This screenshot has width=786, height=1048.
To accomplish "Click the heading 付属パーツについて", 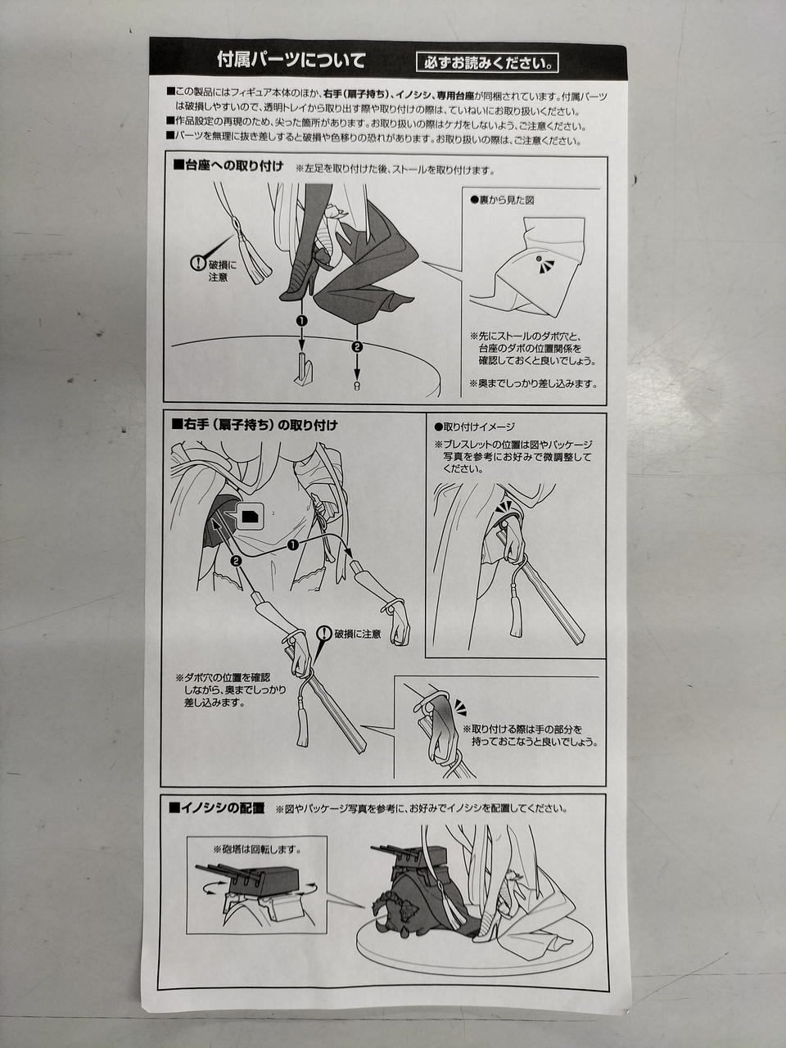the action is (x=291, y=60).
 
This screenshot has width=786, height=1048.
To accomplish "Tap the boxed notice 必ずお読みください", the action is (x=487, y=63).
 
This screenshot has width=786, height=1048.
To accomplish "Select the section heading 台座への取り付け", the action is (x=228, y=166).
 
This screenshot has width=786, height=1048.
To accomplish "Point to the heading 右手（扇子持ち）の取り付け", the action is (x=255, y=425).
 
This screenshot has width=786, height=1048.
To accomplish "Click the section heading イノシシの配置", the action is (x=216, y=808).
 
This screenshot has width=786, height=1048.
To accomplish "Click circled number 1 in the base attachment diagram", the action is (x=301, y=320).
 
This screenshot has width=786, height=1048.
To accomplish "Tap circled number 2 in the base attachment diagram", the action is (x=356, y=346).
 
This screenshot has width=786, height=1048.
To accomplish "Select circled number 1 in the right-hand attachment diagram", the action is (x=292, y=544).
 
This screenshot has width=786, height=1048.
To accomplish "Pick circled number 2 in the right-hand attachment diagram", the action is (x=235, y=561).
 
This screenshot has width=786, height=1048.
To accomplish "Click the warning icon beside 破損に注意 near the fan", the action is (x=324, y=633).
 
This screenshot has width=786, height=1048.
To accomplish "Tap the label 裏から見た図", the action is (x=502, y=201).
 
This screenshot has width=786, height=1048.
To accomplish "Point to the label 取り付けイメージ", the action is (x=474, y=427).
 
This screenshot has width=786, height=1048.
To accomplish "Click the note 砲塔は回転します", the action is (x=257, y=849).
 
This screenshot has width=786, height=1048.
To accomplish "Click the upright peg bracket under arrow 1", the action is (x=305, y=369).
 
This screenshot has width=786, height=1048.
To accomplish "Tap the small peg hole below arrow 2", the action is (x=356, y=386).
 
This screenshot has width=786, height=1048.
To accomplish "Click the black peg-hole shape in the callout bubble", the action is (x=249, y=516).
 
